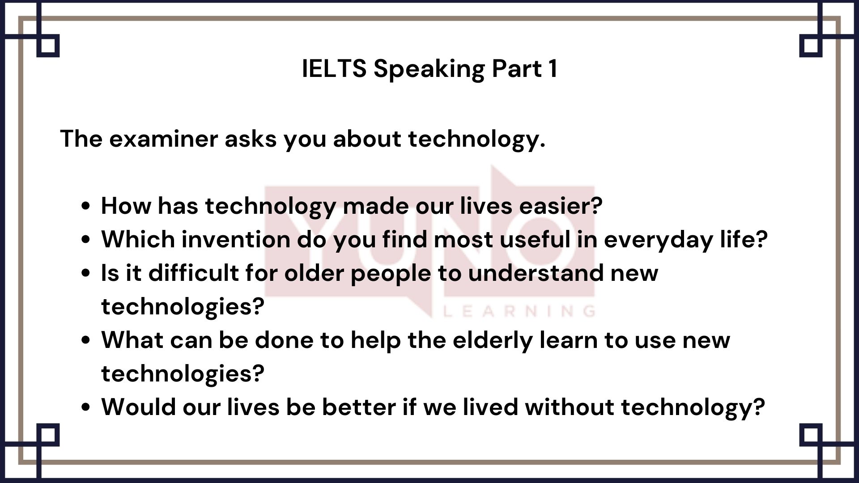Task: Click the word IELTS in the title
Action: click(334, 68)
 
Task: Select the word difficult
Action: click(193, 273)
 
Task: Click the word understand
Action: click(536, 273)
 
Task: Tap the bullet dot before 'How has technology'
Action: click(86, 207)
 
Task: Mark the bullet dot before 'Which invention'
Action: click(86, 240)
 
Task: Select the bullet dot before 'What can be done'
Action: click(86, 341)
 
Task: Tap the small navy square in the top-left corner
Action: click(48, 46)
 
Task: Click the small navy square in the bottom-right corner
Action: click(811, 435)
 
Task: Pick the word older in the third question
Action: click(314, 273)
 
